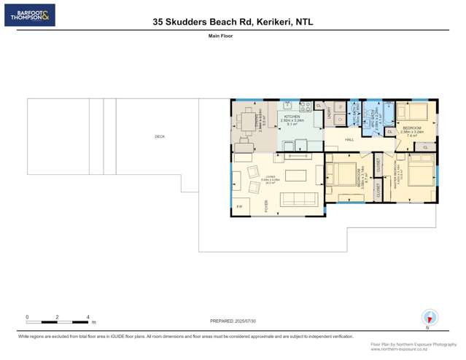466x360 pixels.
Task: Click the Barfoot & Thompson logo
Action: point(29,15)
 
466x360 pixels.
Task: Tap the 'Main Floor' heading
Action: point(221,35)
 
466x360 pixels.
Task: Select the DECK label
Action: point(160,136)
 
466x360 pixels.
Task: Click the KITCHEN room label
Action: point(292,117)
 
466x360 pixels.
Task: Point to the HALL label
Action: point(349,139)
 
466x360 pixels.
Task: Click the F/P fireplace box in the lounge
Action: point(239,208)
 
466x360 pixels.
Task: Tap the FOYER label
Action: point(266,206)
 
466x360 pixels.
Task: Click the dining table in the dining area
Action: point(250,120)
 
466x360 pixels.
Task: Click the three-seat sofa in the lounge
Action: point(300,199)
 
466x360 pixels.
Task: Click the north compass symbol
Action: point(430,318)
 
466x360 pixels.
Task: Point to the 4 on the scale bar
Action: point(88,317)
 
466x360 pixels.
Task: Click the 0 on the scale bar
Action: point(27,317)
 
